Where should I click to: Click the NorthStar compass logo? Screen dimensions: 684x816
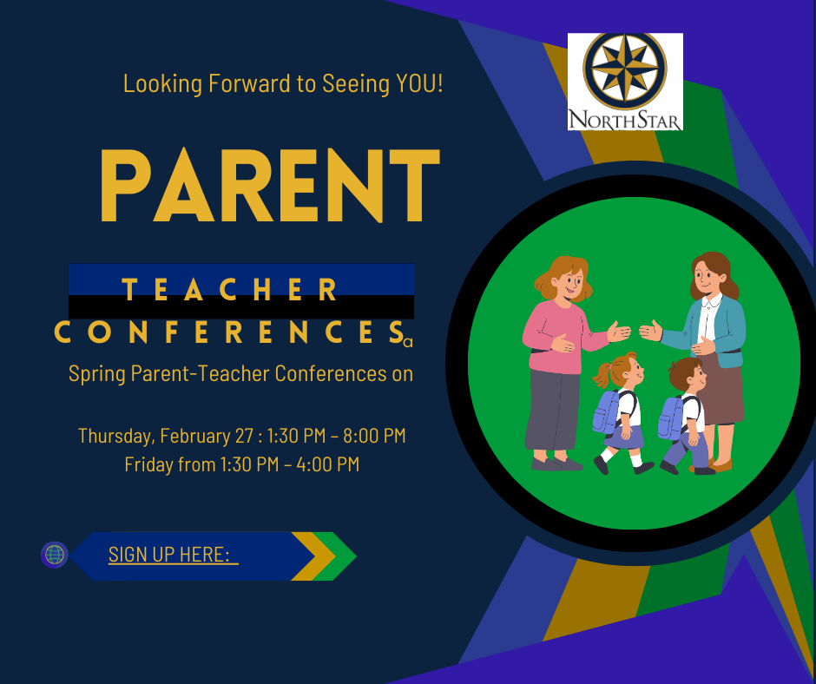pyautogui.click(x=625, y=82)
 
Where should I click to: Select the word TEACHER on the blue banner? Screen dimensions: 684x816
pyautogui.click(x=230, y=290)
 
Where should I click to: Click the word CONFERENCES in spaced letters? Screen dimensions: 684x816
pyautogui.click(x=230, y=332)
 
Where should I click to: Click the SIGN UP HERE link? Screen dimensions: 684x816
pyautogui.click(x=172, y=556)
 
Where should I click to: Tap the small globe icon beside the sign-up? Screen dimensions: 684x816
pyautogui.click(x=55, y=555)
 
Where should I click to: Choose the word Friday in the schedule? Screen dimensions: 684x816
pyautogui.click(x=148, y=464)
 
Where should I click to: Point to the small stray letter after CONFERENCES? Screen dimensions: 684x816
pyautogui.click(x=408, y=343)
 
